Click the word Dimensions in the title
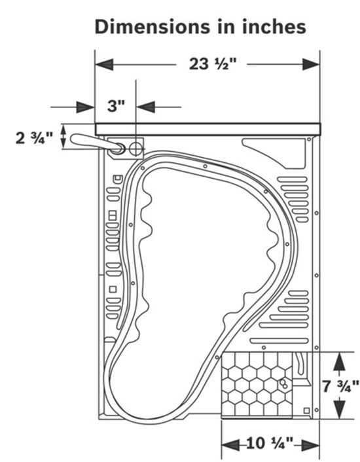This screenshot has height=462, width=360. point(153,27)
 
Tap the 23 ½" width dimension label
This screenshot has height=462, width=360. point(213,64)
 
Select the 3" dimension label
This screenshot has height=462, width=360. point(117,106)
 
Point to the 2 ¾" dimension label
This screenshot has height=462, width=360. point(34,137)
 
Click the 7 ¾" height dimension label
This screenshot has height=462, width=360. point(340,386)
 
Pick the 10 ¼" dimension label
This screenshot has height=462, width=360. point(270,443)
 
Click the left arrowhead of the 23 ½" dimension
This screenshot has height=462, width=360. point(104,64)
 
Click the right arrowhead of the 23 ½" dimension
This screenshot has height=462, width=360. point(311,64)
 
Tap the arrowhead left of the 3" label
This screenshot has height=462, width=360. point(86,107)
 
